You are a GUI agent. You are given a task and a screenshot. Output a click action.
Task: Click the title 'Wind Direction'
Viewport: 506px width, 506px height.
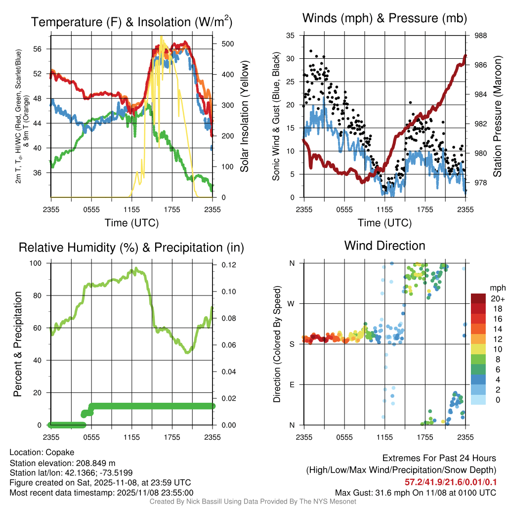(x=384, y=246)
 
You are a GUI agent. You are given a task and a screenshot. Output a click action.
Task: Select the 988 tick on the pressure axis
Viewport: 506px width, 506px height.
(x=480, y=36)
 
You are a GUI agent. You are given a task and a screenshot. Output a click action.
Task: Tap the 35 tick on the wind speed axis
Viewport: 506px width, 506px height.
(x=291, y=36)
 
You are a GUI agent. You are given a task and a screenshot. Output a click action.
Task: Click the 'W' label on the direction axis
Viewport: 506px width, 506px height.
(x=292, y=303)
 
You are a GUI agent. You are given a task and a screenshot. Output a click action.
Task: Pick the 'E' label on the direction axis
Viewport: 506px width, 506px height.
(x=292, y=384)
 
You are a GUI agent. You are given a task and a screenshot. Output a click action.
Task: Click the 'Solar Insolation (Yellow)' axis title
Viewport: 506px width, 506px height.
(x=245, y=116)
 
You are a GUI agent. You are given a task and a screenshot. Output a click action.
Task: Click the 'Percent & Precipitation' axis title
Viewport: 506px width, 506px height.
(x=17, y=344)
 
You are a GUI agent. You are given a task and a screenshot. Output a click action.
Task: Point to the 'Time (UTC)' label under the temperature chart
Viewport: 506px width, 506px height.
(x=131, y=223)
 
